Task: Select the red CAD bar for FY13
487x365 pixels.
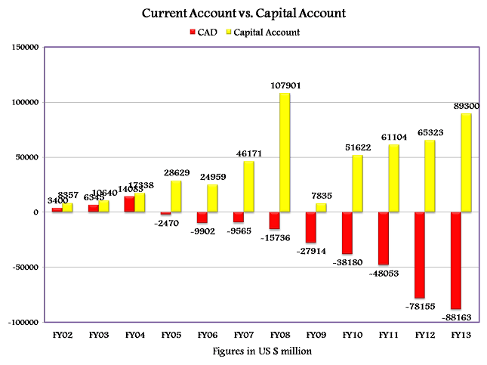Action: [456, 261]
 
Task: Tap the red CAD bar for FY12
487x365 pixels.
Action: [420, 255]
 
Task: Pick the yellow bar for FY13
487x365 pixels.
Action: [467, 162]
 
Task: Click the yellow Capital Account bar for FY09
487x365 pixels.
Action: [322, 208]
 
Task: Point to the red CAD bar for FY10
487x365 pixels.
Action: [347, 233]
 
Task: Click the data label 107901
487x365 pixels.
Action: [285, 86]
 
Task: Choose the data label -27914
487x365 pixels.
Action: [310, 249]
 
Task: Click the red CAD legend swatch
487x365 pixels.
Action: [193, 32]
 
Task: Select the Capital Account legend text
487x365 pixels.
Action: [267, 32]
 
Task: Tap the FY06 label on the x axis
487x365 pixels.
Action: [208, 333]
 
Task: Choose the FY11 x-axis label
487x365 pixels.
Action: [389, 333]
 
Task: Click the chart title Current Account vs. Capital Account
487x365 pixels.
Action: [244, 14]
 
